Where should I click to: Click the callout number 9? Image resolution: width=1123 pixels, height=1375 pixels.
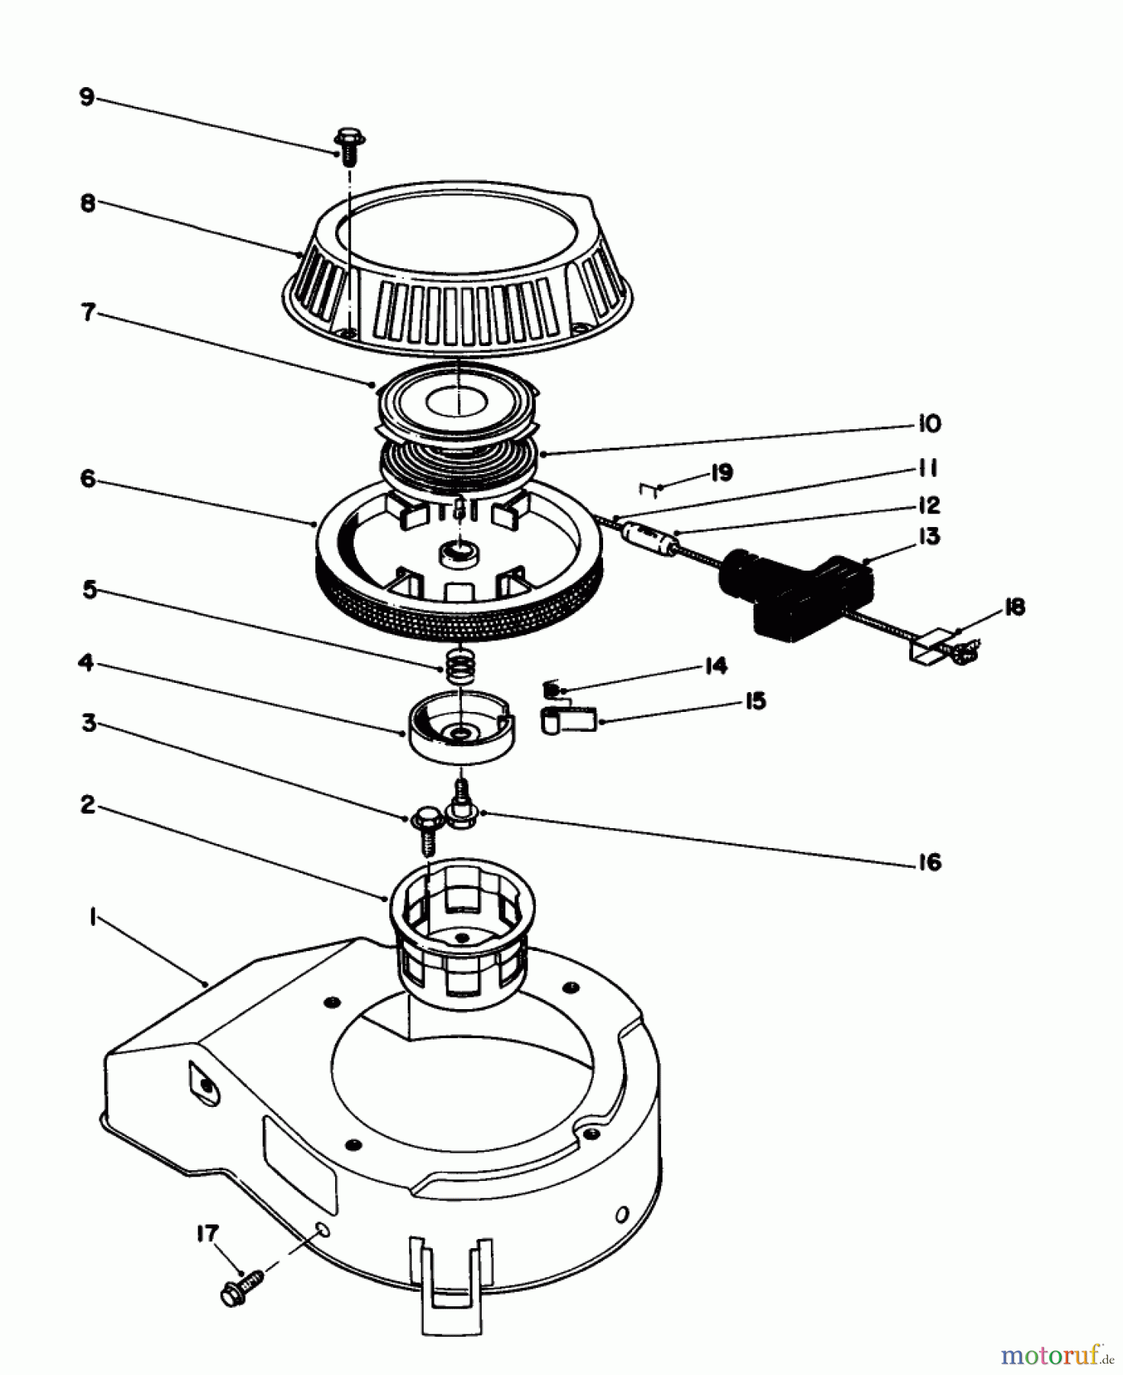86,99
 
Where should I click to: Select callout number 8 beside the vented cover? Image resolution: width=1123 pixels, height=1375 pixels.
88,205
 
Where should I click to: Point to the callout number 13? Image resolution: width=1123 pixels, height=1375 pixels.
928,537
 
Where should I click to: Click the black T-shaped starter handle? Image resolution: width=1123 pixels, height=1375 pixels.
794,584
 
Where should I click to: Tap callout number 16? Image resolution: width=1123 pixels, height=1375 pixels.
928,862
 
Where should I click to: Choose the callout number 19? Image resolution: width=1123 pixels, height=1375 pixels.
721,473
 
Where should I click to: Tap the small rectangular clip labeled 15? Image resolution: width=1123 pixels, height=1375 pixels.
569,719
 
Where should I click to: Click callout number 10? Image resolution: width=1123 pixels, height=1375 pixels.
928,423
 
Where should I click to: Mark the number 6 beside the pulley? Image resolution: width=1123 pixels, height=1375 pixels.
88,480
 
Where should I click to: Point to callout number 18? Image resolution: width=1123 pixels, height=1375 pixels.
1014,607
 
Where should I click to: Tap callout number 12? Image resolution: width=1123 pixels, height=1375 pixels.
928,505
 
